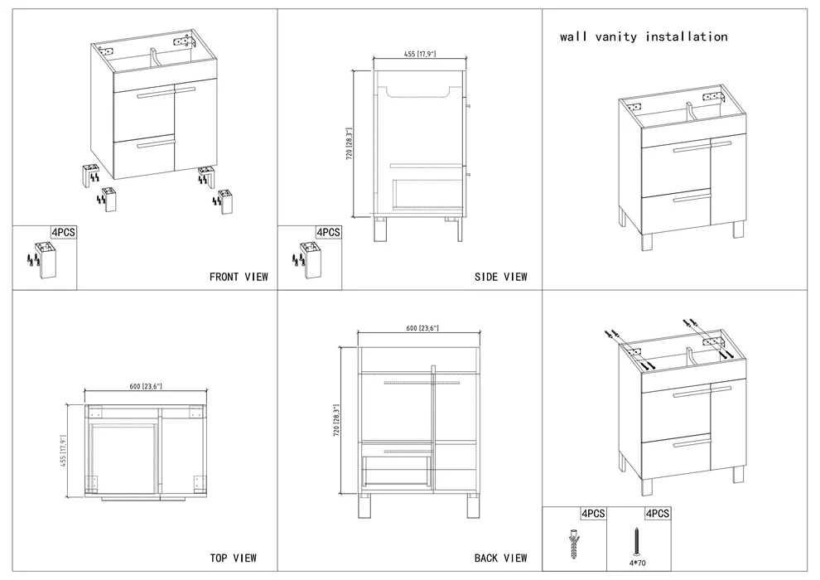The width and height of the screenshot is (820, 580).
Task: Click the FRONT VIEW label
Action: point(239,277)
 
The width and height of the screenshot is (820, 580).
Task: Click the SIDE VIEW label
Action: point(500,277)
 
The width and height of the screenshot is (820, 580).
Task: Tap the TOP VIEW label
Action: point(233,558)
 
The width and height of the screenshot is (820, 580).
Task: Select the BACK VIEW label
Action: point(500,558)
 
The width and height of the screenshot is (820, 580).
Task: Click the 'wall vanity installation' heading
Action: point(643,36)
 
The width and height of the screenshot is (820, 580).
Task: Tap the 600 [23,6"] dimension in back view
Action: point(422,329)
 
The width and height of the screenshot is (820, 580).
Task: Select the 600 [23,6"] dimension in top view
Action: point(146,386)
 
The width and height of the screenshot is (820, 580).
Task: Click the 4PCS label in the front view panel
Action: point(64,233)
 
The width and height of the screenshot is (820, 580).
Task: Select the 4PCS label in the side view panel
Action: point(329,233)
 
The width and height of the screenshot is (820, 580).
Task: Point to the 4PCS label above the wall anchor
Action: point(592,514)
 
